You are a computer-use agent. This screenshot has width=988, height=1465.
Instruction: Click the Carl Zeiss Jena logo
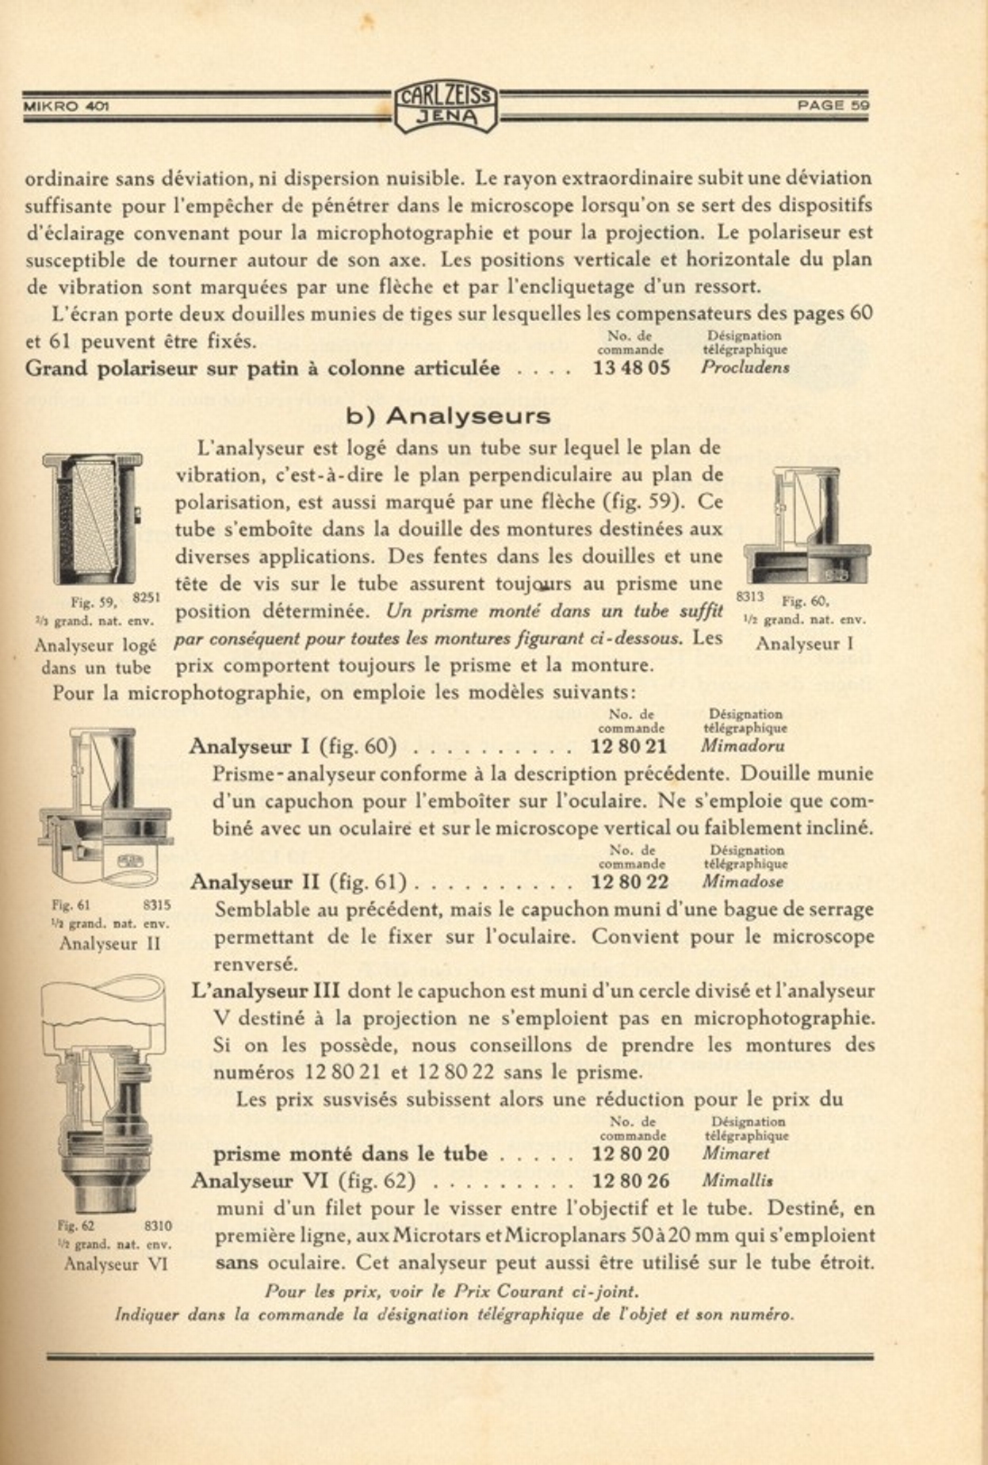(446, 106)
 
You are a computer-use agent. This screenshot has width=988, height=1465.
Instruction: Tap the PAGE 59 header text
(833, 105)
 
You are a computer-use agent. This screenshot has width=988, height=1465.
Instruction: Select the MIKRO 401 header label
(66, 105)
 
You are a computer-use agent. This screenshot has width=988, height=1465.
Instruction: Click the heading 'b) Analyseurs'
(448, 415)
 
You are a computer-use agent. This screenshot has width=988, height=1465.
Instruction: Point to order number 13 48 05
(631, 368)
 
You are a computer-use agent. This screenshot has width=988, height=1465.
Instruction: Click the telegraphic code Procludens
(745, 368)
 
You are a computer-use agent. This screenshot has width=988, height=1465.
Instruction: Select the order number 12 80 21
(630, 746)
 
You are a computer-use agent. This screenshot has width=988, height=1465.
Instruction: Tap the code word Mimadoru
(743, 746)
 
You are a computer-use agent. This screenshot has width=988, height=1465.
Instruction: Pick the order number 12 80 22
(630, 882)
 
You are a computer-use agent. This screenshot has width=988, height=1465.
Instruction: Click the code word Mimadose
(743, 882)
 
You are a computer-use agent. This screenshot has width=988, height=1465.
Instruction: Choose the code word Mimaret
(735, 1154)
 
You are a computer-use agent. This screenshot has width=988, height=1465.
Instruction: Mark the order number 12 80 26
(630, 1181)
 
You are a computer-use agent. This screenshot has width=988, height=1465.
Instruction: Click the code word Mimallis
(737, 1181)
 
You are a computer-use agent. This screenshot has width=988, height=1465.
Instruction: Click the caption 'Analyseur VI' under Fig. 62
(116, 1264)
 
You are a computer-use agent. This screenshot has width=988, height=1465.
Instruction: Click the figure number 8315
(157, 905)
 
